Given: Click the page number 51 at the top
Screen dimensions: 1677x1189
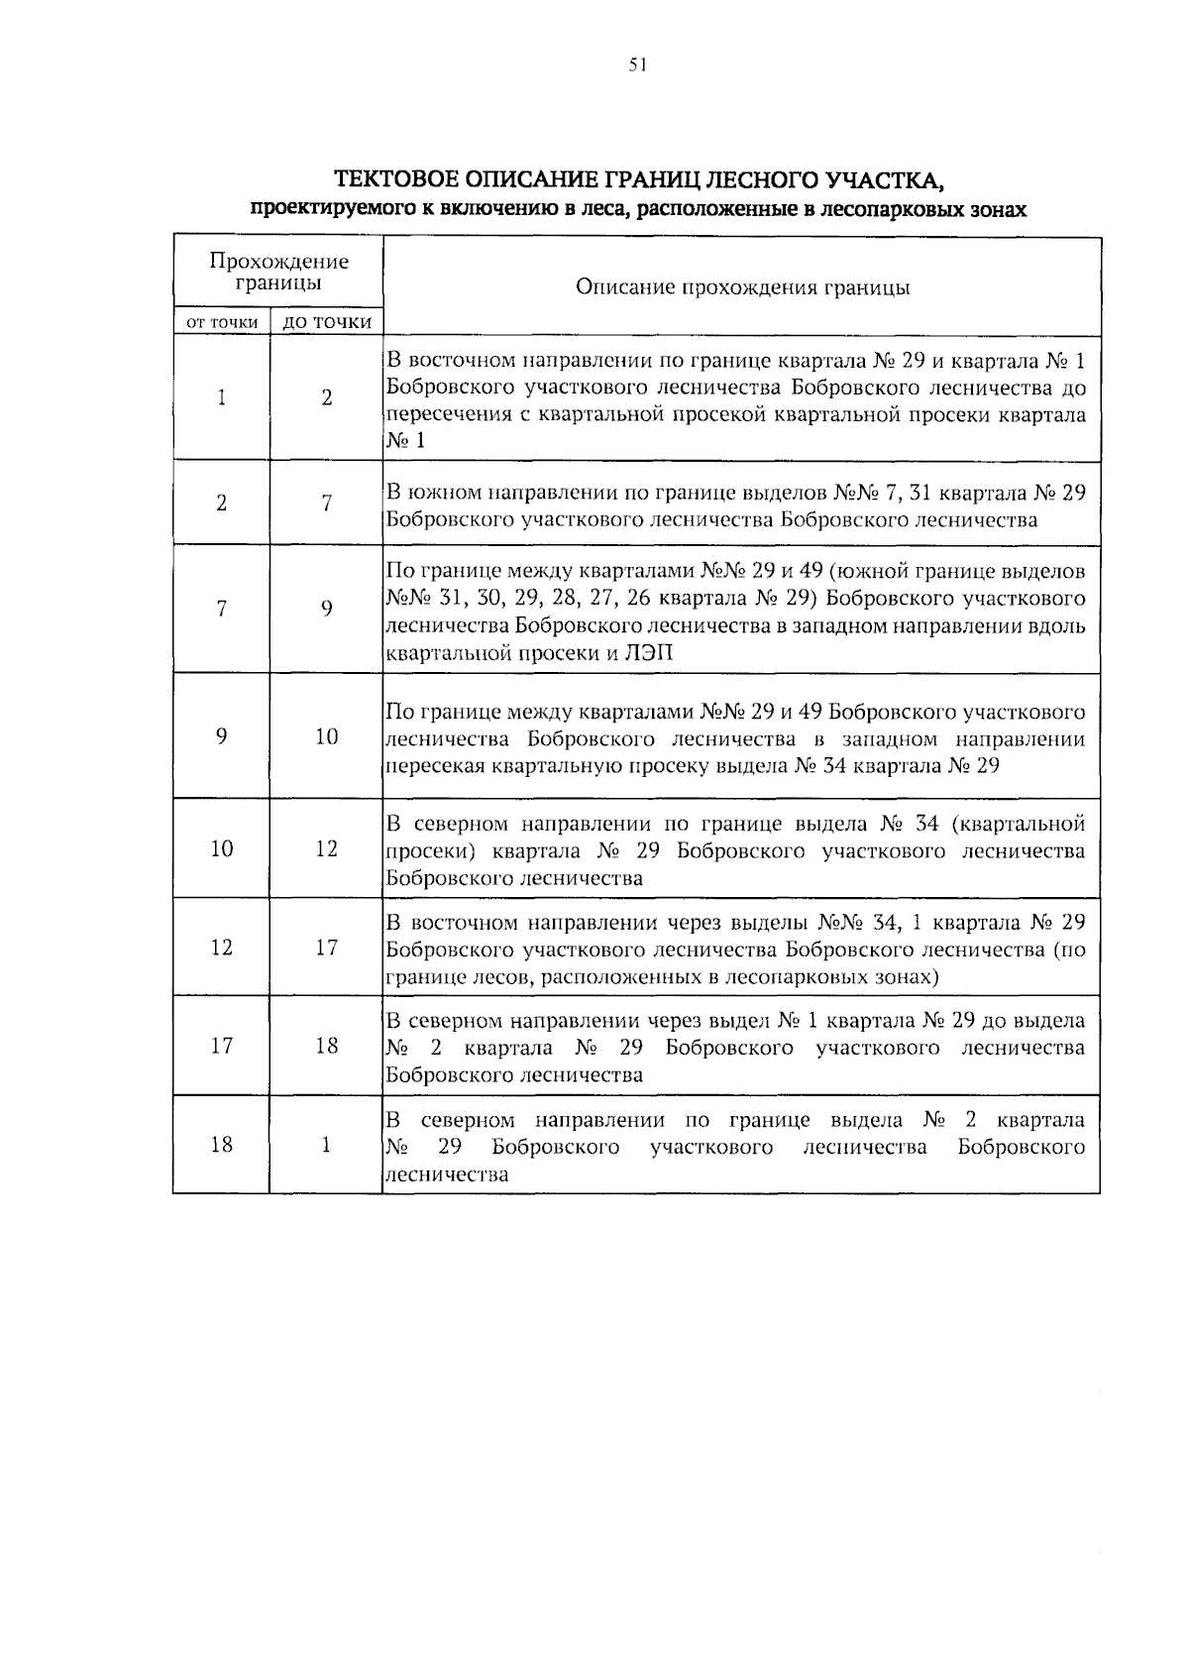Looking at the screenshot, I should [637, 65].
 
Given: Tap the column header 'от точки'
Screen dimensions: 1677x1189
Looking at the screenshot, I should [222, 322].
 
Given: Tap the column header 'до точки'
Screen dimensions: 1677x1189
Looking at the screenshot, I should [327, 322].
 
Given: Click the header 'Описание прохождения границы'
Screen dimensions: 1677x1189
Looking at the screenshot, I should [742, 288].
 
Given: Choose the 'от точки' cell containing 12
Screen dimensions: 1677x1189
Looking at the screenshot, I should [222, 948].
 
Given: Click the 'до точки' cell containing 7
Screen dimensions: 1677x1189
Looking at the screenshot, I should [326, 503].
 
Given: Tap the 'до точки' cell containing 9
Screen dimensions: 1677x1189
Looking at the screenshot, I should [326, 609].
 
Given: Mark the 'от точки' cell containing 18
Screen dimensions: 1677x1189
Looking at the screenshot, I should [222, 1145].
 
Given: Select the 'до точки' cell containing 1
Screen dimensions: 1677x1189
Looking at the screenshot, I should [326, 1145].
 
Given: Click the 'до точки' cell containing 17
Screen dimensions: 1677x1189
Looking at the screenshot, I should [327, 948].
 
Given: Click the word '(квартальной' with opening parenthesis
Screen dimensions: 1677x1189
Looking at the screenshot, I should [1016, 824].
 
